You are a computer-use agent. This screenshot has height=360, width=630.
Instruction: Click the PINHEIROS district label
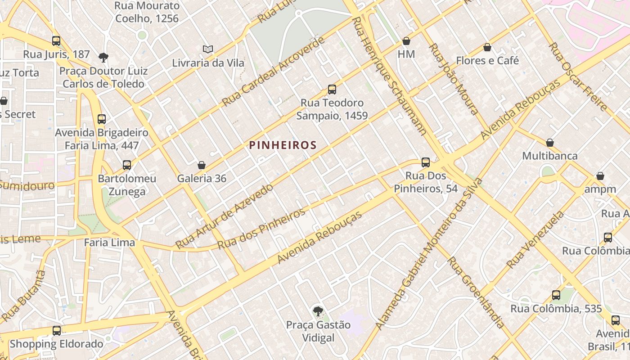tap(283, 145)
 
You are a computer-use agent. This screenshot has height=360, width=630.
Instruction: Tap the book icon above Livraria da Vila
tap(207, 49)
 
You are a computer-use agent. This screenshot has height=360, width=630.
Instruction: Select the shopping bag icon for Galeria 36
tap(201, 165)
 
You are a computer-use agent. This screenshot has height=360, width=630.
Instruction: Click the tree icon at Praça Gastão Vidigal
tap(318, 311)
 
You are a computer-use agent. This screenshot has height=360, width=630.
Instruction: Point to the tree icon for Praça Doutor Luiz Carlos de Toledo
tap(103, 57)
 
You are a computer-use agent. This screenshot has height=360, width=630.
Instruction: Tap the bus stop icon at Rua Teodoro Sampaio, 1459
tap(332, 90)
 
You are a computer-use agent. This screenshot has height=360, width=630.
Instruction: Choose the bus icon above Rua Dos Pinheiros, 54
tap(426, 162)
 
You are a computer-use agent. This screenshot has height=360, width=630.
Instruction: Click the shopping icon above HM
tap(406, 41)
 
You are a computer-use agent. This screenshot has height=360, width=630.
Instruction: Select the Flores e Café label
tap(487, 60)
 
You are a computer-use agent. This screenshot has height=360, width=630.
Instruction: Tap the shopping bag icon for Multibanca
tap(549, 143)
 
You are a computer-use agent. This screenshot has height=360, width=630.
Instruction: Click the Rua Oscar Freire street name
tap(578, 77)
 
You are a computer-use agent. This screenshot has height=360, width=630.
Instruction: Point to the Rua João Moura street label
tap(453, 79)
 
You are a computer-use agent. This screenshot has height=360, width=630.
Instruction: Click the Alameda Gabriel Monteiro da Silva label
tap(429, 254)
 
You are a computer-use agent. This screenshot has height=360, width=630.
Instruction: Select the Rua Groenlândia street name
tap(476, 292)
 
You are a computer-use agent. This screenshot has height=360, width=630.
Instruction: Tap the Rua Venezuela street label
tap(535, 241)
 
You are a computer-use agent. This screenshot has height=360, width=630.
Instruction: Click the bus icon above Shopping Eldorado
tap(57, 331)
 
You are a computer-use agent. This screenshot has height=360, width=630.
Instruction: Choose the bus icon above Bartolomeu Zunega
tap(127, 165)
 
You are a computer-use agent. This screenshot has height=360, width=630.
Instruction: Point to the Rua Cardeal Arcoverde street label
tap(273, 72)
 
